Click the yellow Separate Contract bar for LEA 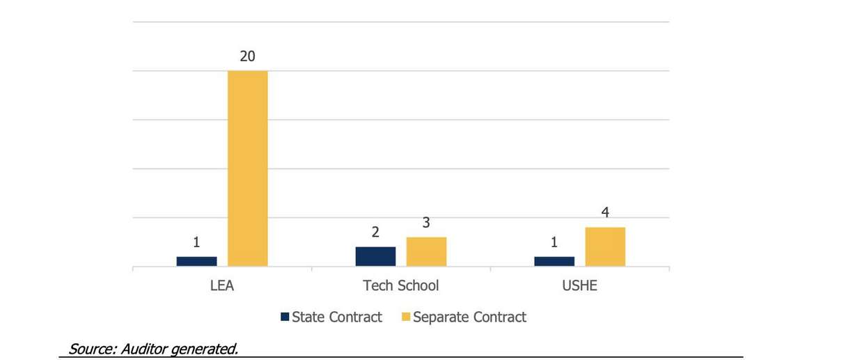click(247, 169)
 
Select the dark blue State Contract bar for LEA click(196, 261)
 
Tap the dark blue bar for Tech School click(375, 256)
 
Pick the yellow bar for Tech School click(426, 251)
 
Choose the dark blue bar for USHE click(554, 261)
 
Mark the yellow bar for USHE click(605, 246)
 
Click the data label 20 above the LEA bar click(247, 56)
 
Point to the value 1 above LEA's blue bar click(196, 242)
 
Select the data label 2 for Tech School click(375, 233)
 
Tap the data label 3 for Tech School click(426, 223)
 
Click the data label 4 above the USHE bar click(605, 213)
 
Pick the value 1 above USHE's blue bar click(554, 242)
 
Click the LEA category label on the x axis click(221, 286)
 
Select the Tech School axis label click(400, 286)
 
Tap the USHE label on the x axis click(579, 286)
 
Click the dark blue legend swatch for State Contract click(284, 318)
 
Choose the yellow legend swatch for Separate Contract click(405, 318)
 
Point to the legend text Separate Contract click(469, 318)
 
